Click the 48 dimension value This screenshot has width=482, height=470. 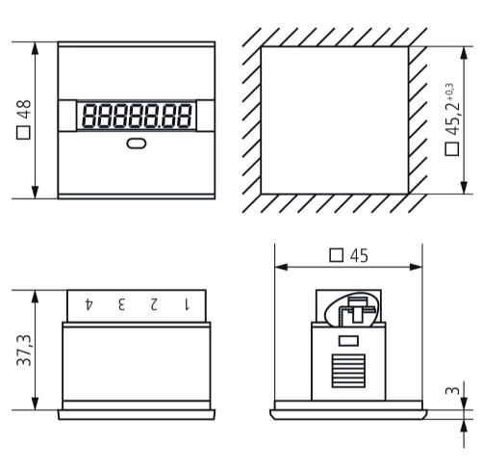(24, 110)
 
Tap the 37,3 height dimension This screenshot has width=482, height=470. (24, 350)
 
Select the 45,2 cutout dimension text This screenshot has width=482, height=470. (452, 119)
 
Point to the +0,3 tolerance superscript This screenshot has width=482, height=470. (449, 91)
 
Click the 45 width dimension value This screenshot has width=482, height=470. (359, 256)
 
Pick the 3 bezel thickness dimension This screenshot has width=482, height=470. (453, 390)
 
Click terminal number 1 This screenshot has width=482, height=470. (187, 304)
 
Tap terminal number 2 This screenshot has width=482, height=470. (154, 304)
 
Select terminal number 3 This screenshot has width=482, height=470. (121, 304)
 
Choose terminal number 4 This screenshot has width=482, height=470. (89, 304)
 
